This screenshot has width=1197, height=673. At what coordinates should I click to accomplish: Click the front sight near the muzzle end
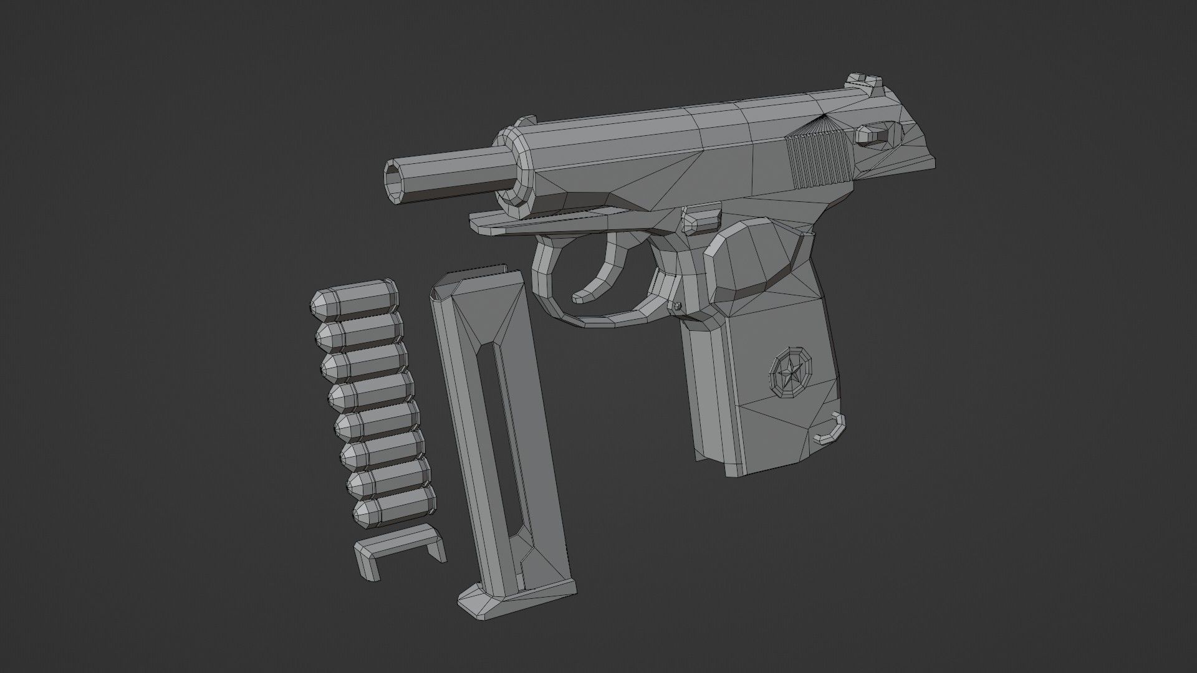coord(527,120)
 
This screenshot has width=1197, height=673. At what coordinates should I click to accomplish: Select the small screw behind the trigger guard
coord(677,305)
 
